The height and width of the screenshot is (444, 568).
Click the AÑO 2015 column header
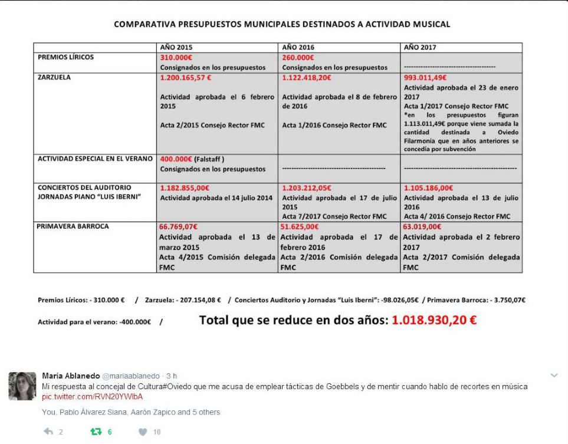pos(176,47)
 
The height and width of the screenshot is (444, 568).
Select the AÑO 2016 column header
pos(298,47)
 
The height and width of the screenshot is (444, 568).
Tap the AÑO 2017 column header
pos(420,47)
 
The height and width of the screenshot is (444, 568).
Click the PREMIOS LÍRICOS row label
pos(65,57)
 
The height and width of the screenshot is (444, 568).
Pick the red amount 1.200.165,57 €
pos(185,77)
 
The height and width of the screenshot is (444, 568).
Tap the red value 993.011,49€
pos(425,77)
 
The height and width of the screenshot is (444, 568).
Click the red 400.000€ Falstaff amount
pos(178,159)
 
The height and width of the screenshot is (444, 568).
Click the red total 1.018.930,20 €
pos(434,321)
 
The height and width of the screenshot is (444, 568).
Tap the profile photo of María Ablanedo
pos(22,386)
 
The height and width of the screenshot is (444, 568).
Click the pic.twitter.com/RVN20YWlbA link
pos(92,396)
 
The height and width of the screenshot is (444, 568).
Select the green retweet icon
pos(96,432)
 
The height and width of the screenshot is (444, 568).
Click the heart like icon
pos(143,432)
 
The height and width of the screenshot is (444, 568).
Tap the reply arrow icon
pos(48,432)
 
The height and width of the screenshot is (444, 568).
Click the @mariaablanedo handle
pos(131,376)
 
